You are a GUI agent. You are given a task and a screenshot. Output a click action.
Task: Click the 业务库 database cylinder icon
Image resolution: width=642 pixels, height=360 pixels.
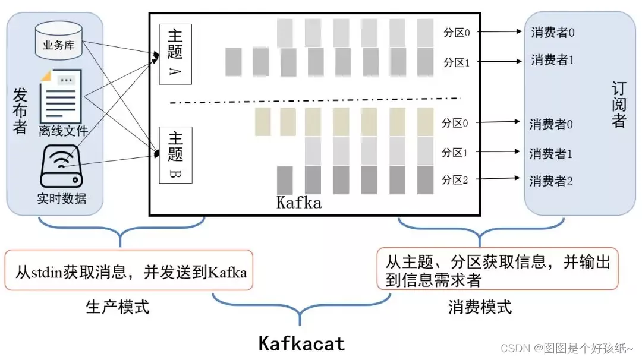[58, 40]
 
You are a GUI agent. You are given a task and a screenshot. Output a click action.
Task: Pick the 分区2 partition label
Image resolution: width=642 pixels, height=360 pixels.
[455, 180]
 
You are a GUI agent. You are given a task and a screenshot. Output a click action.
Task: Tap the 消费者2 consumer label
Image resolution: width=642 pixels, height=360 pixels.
[551, 181]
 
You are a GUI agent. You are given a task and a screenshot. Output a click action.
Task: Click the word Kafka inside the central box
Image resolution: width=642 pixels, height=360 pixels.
[299, 203]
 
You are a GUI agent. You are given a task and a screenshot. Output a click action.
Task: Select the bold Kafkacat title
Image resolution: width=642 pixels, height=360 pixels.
[301, 343]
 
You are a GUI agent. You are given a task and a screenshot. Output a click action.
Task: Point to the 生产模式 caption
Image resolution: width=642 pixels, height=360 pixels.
[118, 307]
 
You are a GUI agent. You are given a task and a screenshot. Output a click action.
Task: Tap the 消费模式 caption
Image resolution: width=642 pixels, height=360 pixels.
[480, 307]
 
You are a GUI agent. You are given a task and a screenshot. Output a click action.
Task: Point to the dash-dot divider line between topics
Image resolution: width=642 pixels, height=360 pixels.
[315, 100]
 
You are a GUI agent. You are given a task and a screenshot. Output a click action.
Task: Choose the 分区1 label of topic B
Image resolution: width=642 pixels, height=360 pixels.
[455, 153]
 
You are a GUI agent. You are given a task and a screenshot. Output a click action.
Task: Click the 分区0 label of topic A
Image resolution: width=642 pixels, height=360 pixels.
[456, 33]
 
